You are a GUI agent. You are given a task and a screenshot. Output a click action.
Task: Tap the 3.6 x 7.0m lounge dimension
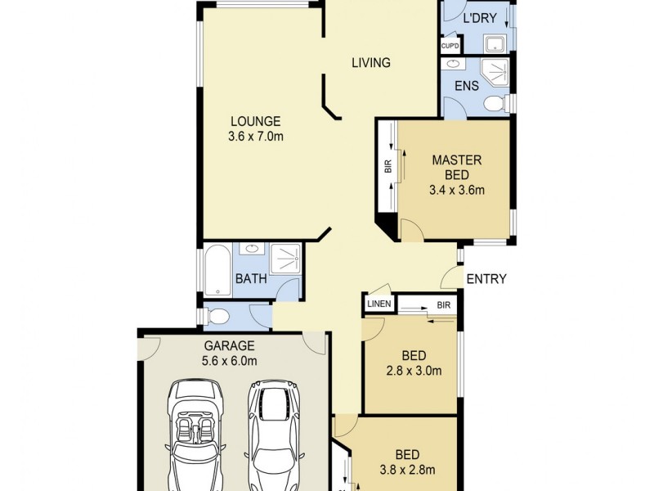(255, 137)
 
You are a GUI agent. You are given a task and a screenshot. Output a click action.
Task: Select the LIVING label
(370, 62)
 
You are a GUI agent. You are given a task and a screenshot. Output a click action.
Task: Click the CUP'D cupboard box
(450, 46)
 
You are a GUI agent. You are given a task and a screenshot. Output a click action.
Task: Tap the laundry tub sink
(495, 44)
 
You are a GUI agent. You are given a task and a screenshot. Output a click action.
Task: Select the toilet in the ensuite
(492, 103)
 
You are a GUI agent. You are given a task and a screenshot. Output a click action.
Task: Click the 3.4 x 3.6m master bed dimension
(457, 191)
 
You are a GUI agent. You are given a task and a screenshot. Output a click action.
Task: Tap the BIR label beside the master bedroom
(387, 167)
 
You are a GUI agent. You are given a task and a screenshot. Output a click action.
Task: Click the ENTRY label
(486, 279)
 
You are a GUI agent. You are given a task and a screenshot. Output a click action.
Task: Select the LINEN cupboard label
(379, 304)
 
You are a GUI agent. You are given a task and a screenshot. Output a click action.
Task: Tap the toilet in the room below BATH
(219, 315)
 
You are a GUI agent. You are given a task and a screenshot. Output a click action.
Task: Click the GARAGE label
(230, 345)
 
